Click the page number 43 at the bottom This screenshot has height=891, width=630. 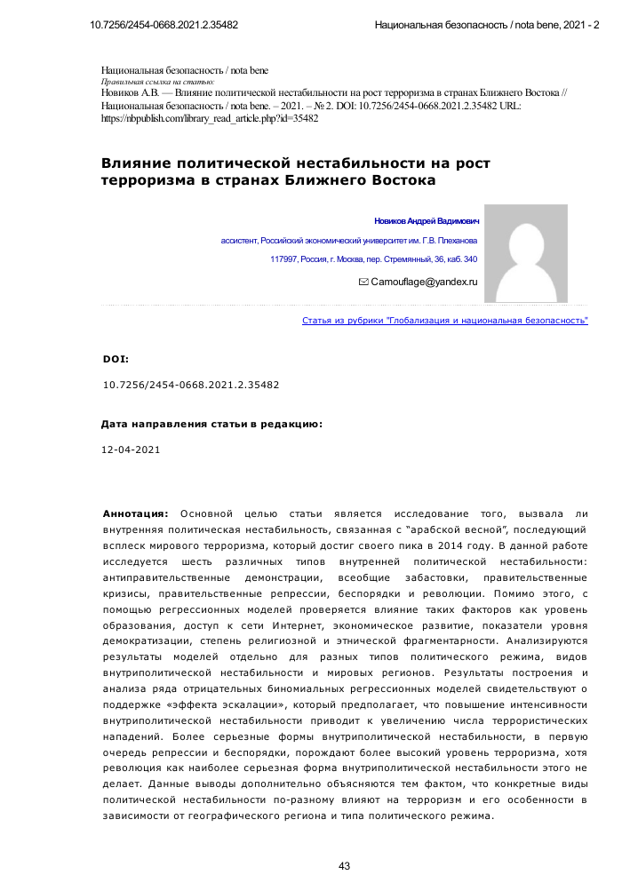pos(346,865)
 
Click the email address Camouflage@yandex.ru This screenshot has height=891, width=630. pos(424,281)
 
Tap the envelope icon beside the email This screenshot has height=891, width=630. pos(363,281)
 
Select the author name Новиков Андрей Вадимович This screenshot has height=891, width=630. pos(426,220)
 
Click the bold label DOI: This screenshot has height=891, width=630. pos(116,360)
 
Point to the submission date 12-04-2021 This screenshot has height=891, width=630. pos(132,450)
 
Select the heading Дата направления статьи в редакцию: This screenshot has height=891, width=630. pos(211,425)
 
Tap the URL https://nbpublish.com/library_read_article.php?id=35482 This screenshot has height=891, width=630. pos(210,117)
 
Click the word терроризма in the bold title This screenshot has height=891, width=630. pos(144,180)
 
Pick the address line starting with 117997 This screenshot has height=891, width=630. pos(373,259)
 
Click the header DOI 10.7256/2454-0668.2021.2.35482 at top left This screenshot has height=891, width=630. pos(164,25)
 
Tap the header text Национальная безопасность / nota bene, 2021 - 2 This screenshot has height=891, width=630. pos(487,25)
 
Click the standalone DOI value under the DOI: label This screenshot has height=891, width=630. pos(191,386)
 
